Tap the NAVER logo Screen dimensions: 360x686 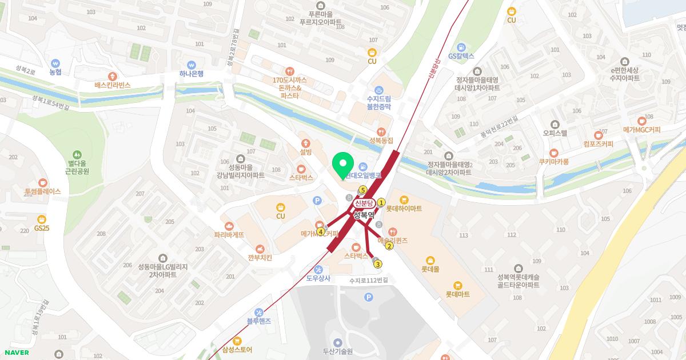(17, 352)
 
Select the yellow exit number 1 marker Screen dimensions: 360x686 (381, 202)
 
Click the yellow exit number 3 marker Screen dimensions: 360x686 (377, 264)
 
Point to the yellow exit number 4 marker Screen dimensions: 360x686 (321, 231)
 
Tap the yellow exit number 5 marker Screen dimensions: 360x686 (362, 190)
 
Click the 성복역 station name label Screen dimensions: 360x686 (363, 215)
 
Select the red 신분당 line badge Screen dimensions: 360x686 (364, 203)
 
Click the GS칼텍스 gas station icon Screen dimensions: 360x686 (461, 47)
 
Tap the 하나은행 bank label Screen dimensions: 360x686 (191, 74)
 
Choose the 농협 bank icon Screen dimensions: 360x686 (55, 63)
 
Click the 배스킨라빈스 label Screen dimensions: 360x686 (113, 85)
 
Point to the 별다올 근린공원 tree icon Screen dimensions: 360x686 (77, 154)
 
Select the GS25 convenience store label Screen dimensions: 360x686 (42, 228)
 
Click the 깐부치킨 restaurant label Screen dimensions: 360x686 (260, 258)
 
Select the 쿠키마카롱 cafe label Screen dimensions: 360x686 (553, 162)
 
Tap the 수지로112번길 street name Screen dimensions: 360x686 (369, 280)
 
